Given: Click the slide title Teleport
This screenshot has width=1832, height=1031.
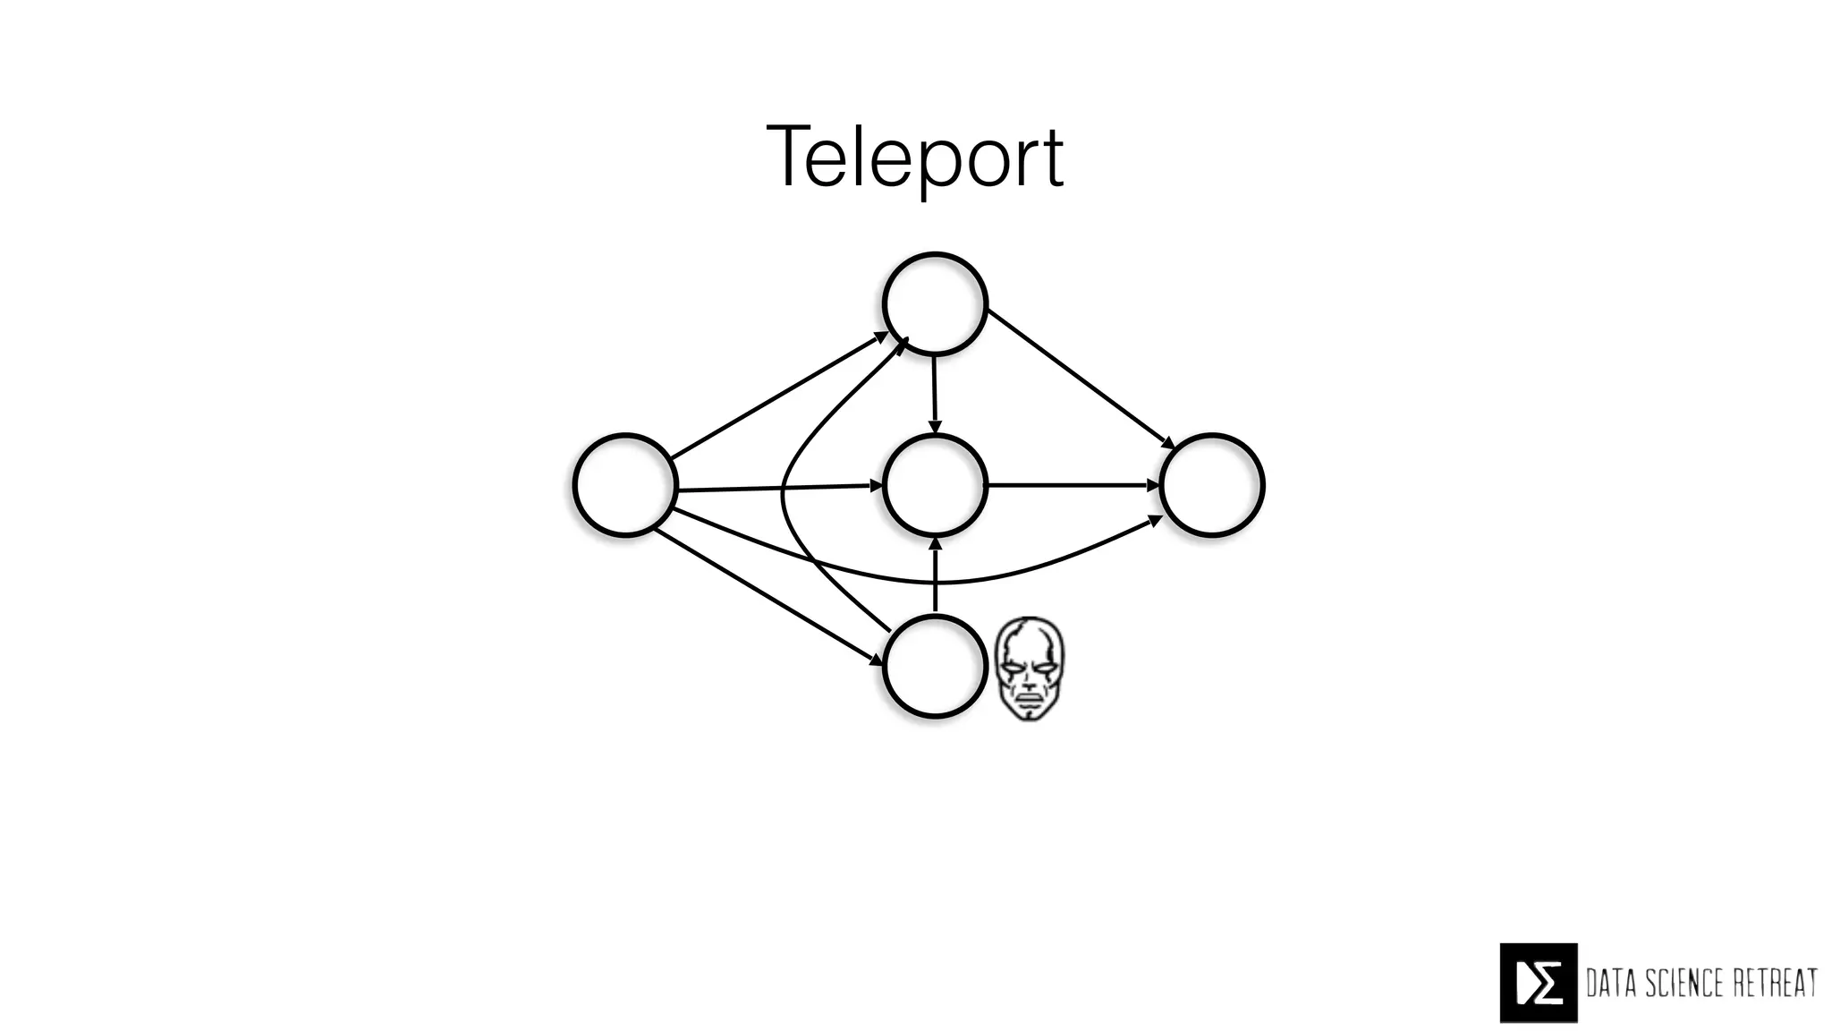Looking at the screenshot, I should click(x=915, y=158).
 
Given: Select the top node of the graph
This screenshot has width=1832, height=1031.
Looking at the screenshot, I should click(x=935, y=303).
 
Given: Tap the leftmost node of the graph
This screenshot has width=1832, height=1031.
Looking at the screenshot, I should click(x=624, y=485).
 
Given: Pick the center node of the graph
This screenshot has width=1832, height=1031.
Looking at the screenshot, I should click(x=935, y=485).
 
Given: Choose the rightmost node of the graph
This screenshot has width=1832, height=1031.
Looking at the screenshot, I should click(x=1211, y=485).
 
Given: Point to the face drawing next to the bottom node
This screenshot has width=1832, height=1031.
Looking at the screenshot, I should click(x=1030, y=668).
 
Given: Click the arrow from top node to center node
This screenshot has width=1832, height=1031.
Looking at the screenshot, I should click(x=935, y=394).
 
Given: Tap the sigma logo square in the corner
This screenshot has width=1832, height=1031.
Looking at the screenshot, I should click(x=1538, y=982).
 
